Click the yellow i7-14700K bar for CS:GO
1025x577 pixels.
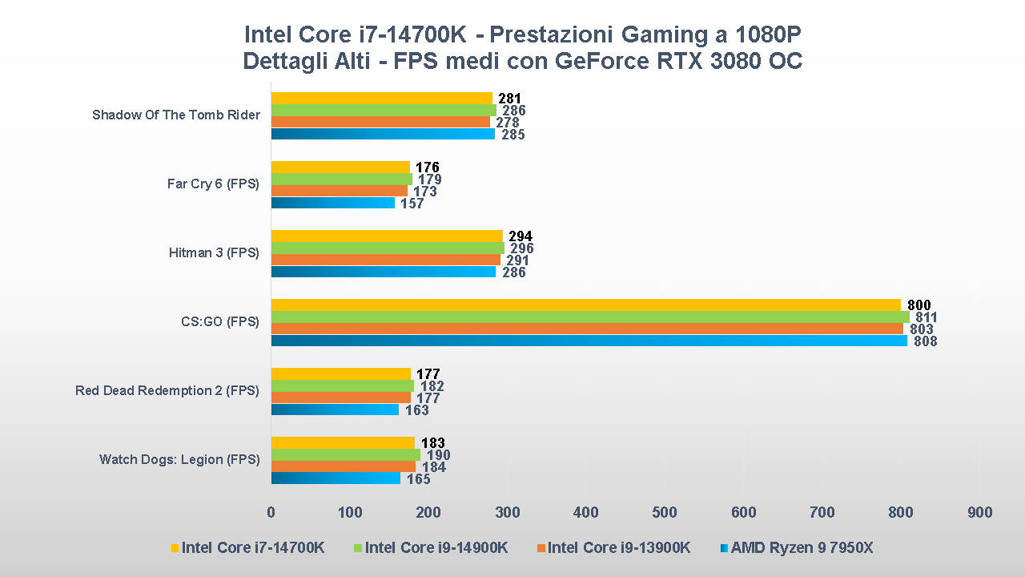(585, 305)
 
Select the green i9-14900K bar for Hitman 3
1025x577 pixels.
(388, 248)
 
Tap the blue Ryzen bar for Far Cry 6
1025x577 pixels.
(333, 203)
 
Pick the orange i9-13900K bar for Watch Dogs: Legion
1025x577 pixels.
(343, 466)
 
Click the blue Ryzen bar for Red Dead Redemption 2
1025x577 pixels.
(335, 410)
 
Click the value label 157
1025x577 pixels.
(412, 204)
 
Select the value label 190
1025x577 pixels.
(439, 455)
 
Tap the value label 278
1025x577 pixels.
(507, 123)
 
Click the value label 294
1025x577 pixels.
(521, 236)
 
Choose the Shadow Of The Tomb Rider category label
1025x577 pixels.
(176, 115)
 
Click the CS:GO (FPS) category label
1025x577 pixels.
(220, 322)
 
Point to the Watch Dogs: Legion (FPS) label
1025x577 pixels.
(179, 460)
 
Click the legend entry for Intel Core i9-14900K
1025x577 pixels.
(436, 548)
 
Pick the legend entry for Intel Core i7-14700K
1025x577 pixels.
(252, 548)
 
